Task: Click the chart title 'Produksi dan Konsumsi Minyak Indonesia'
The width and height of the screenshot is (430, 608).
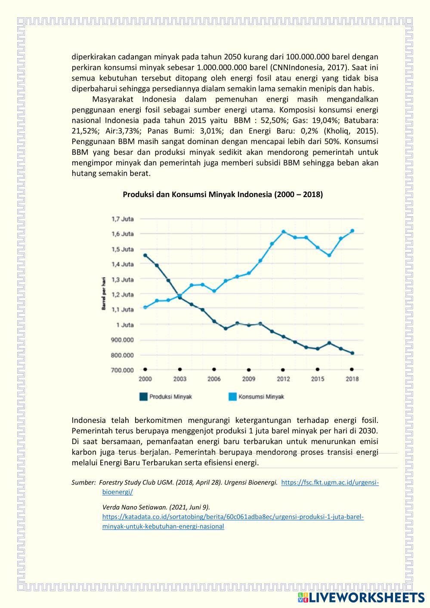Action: pos(223,194)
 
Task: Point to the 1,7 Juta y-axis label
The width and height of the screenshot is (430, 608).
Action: pos(122,219)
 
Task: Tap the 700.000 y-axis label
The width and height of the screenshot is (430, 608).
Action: pos(122,370)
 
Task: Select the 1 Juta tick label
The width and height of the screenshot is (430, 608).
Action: pos(125,325)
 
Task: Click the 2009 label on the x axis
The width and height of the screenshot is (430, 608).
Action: pos(248,379)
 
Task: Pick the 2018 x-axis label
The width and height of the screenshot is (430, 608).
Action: pos(352,379)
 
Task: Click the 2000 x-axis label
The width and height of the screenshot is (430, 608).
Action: pos(145,379)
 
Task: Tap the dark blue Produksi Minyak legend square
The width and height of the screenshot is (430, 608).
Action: pos(143,397)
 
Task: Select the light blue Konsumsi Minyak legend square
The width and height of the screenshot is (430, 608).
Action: pos(232,397)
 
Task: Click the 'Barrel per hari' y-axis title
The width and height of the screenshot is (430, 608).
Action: pos(104,294)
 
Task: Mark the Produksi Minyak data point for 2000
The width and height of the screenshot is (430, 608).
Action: pos(145,255)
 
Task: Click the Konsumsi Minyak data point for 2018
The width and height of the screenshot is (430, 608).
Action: pos(352,231)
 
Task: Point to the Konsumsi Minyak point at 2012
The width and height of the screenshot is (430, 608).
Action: pos(283,231)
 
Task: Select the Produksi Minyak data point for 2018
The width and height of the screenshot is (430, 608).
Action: pos(352,353)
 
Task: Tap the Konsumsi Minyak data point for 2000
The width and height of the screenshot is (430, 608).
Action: pos(145,307)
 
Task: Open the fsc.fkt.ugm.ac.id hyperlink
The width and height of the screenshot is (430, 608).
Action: pos(330,483)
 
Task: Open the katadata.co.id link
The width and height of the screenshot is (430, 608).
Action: pos(233,517)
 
